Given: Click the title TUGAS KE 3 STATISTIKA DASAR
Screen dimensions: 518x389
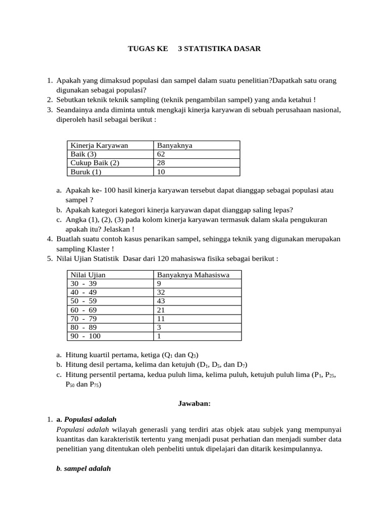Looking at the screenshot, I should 194,49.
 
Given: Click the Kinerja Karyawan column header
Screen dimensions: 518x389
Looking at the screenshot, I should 99,145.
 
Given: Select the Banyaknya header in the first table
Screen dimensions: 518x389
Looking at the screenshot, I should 174,145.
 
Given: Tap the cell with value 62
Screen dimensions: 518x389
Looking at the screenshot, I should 162,154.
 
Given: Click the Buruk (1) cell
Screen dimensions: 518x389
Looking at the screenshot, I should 86,171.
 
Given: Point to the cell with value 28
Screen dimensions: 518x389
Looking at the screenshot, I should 162,163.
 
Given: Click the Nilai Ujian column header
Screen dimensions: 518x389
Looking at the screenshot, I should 88,275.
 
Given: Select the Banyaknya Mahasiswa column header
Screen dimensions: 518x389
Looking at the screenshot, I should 193,275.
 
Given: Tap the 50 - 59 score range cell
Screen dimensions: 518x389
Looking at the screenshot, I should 84,301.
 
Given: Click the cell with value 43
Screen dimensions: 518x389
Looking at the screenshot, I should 162,301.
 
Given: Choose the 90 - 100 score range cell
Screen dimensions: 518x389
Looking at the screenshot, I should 86,336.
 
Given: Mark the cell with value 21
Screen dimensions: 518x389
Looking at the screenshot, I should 162,310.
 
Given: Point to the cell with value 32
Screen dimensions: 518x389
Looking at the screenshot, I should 162,292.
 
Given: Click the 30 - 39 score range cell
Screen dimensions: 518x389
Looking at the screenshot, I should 84,284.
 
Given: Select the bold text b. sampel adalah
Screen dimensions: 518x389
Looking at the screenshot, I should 83,468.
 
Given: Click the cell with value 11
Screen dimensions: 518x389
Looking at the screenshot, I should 162,319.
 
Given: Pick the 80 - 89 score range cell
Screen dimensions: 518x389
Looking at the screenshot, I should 84,327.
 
